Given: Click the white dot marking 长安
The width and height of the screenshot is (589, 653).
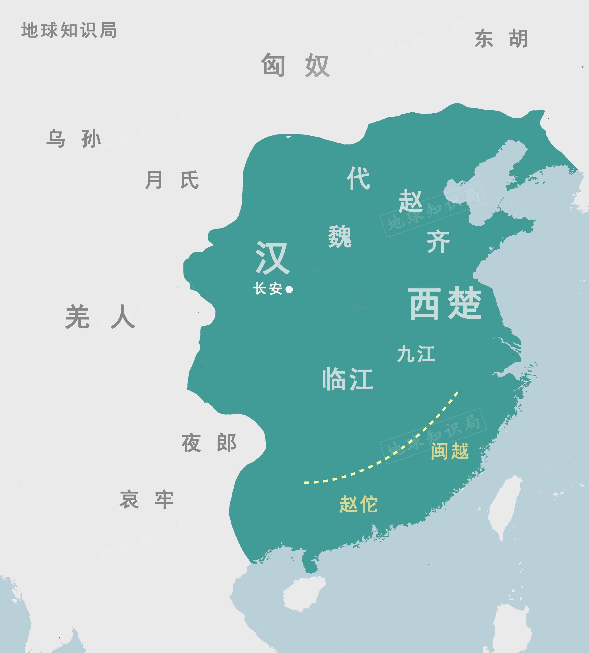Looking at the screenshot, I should (x=289, y=289).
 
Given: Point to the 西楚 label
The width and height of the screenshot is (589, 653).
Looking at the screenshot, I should (x=446, y=303).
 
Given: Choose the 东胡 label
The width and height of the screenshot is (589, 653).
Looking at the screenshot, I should (x=501, y=39).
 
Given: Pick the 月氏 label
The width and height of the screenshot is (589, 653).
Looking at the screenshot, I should (x=172, y=180).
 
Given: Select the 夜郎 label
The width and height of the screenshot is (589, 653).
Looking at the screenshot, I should (x=209, y=443).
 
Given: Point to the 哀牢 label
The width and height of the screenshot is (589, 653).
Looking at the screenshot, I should (x=147, y=500).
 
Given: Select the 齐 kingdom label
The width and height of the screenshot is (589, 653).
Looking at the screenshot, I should (x=438, y=242).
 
